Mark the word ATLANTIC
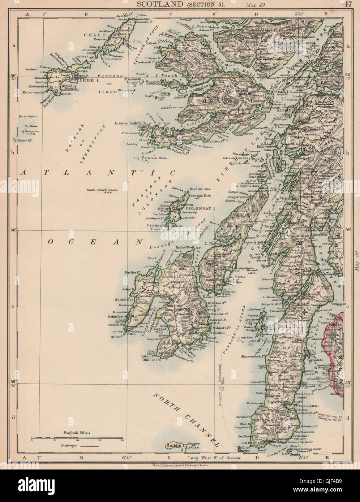tap(98, 173)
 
